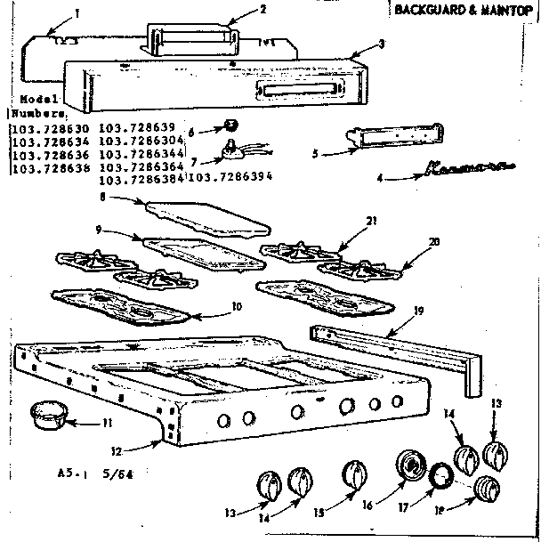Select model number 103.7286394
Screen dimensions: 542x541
tap(230, 177)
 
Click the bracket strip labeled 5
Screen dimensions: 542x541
tap(399, 133)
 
